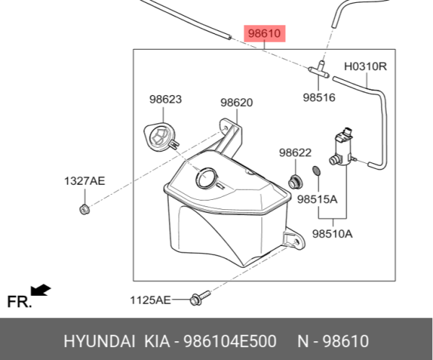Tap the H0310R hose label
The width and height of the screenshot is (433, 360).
[x=365, y=67]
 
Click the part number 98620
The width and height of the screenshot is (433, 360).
[x=236, y=102]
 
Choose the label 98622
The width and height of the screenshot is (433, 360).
[x=295, y=152]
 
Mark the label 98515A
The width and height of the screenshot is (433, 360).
[x=318, y=198]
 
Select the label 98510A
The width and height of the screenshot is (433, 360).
[x=333, y=233]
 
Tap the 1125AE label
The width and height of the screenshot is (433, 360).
[x=151, y=299]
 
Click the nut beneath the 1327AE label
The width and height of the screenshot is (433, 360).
[x=83, y=210]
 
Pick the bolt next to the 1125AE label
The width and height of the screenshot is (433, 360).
[x=198, y=297]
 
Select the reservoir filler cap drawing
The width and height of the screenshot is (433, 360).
[x=161, y=137]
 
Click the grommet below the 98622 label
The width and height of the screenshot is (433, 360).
[x=294, y=179]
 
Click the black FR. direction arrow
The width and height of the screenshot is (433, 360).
[x=41, y=290]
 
